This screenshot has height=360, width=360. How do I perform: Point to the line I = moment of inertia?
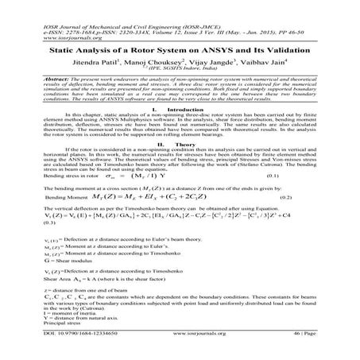coord(64,323)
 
